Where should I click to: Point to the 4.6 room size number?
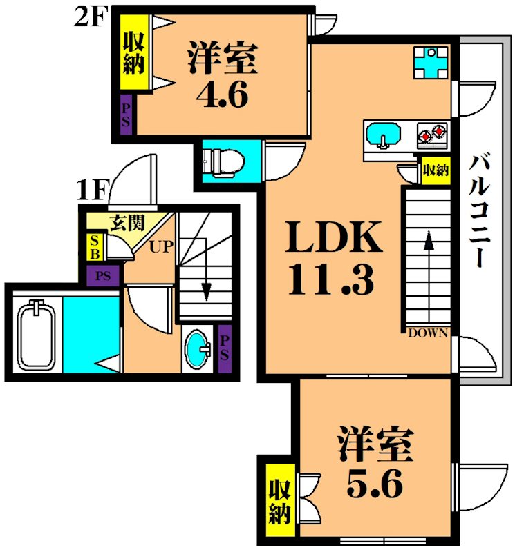click(221, 95)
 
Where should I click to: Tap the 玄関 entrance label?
click(128, 222)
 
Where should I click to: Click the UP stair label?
click(163, 245)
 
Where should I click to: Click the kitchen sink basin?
click(382, 134)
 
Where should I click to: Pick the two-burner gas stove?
click(433, 133)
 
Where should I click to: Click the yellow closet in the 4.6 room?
click(133, 53)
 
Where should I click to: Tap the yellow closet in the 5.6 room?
click(279, 502)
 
